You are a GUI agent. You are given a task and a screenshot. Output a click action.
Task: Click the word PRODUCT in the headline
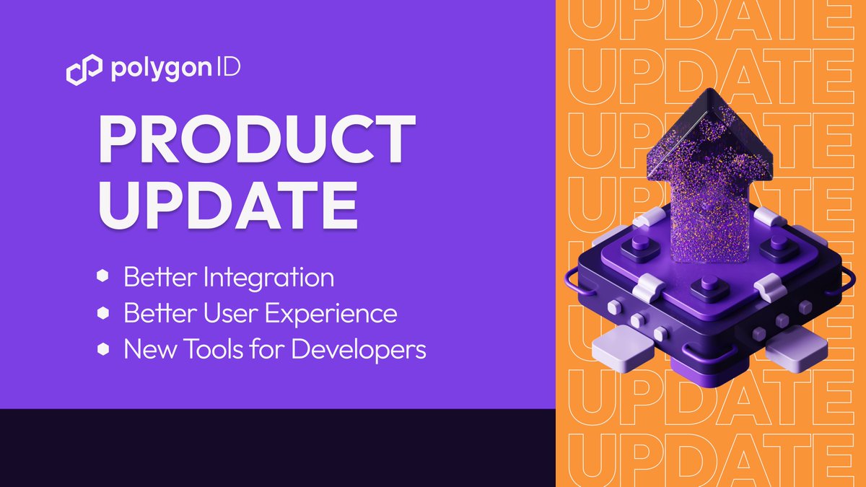click(256, 139)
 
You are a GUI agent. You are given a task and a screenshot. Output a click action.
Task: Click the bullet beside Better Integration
click(103, 277)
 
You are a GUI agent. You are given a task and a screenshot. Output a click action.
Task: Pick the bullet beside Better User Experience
click(103, 313)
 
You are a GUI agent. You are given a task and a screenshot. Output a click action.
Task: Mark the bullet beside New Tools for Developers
click(103, 350)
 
